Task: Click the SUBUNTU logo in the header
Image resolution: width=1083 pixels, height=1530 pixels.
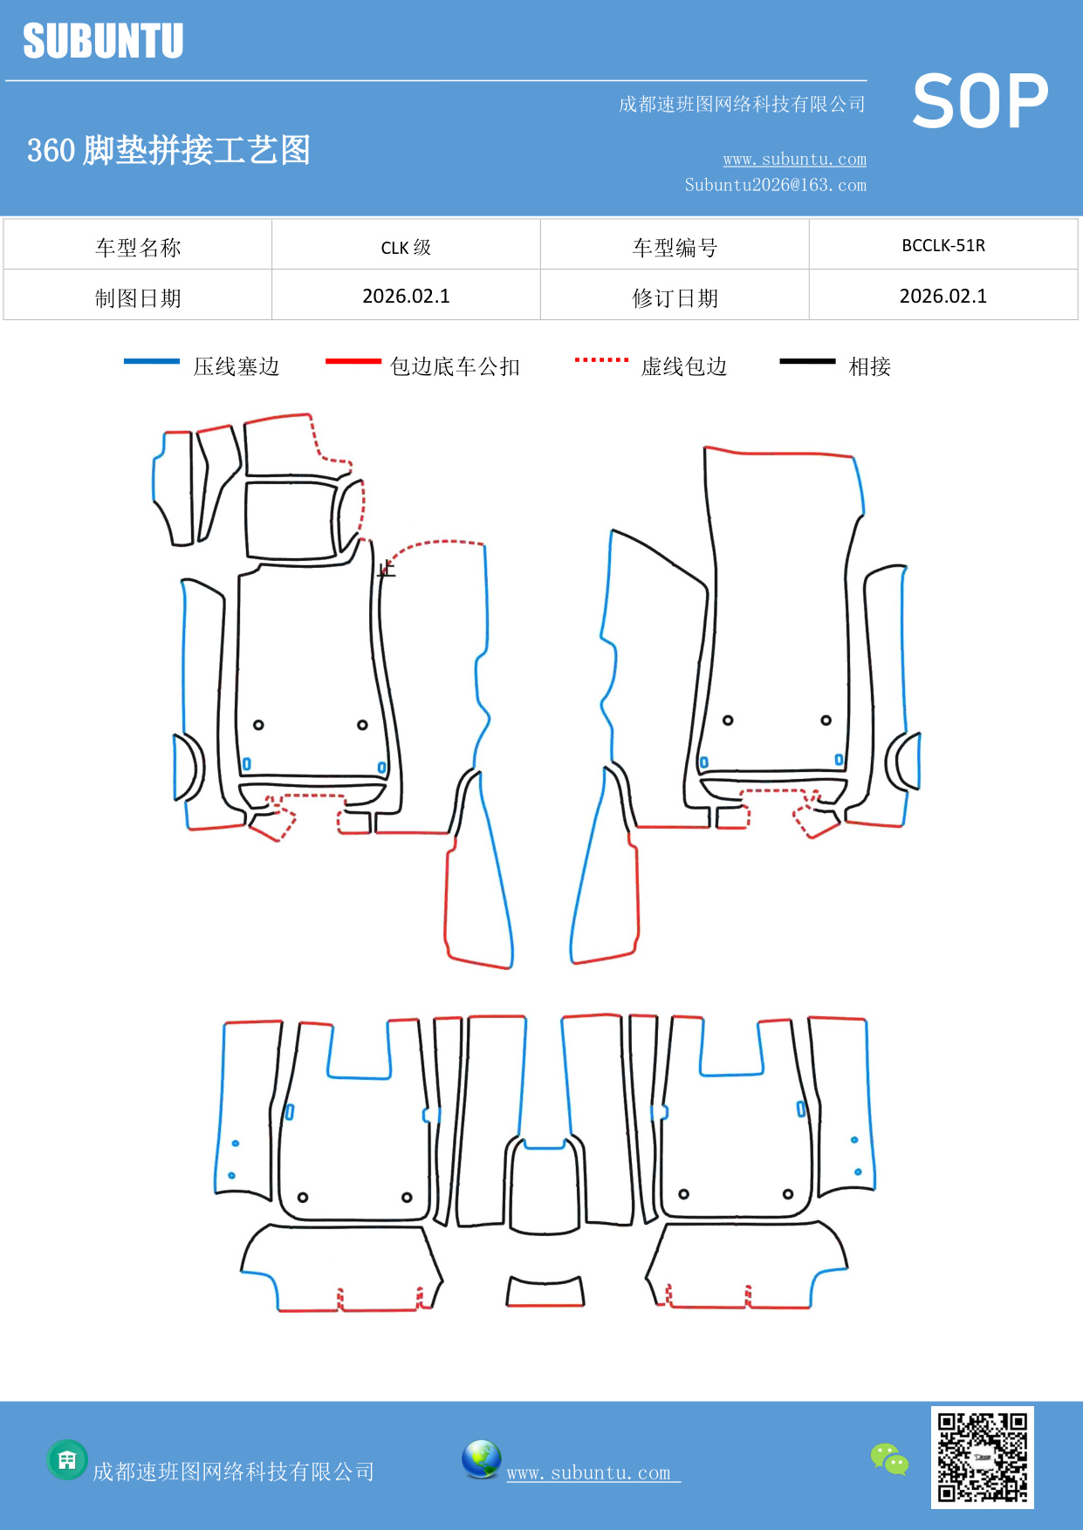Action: pyautogui.click(x=103, y=41)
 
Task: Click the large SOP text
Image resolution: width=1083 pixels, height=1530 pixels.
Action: pyautogui.click(x=980, y=102)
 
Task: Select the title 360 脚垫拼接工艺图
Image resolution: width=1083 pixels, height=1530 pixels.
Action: pyautogui.click(x=168, y=150)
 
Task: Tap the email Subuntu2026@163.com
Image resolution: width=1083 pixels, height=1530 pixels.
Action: pyautogui.click(x=775, y=185)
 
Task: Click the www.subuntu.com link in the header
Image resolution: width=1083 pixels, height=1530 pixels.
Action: pyautogui.click(x=794, y=160)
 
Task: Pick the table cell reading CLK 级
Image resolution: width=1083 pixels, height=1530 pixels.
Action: pyautogui.click(x=406, y=247)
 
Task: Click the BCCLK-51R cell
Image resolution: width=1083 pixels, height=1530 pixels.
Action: pyautogui.click(x=943, y=246)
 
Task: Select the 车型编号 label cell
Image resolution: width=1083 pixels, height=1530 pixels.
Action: pyautogui.click(x=675, y=248)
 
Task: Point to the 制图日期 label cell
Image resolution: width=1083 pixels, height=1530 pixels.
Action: pyautogui.click(x=138, y=298)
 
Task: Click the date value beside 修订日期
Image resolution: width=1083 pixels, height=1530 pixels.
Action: pyautogui.click(x=943, y=297)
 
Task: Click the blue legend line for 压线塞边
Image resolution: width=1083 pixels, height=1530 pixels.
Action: pyautogui.click(x=152, y=361)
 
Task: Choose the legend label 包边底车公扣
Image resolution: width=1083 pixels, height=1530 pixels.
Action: pyautogui.click(x=455, y=366)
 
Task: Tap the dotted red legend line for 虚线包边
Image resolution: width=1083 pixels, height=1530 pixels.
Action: pyautogui.click(x=601, y=359)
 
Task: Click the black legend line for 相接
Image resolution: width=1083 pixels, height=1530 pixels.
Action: pyautogui.click(x=807, y=361)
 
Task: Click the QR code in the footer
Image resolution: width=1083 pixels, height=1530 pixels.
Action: pyautogui.click(x=983, y=1457)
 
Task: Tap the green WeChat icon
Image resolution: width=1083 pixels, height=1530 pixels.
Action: pyautogui.click(x=889, y=1458)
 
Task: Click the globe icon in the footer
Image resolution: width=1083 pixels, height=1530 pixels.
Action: pyautogui.click(x=481, y=1459)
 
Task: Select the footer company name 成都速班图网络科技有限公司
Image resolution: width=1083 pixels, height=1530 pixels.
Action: pyautogui.click(x=233, y=1472)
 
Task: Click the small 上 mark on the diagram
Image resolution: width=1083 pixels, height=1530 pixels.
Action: pyautogui.click(x=387, y=569)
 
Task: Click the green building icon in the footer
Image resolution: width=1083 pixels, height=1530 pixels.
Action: pyautogui.click(x=67, y=1459)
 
